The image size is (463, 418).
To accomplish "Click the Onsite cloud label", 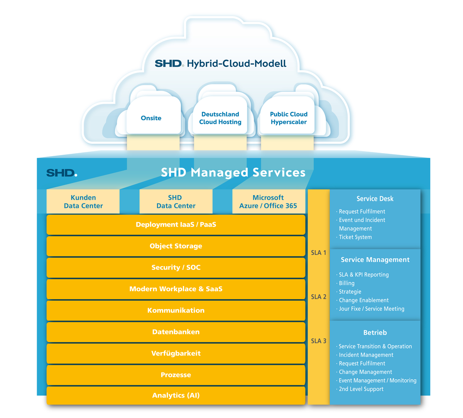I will click(x=151, y=118).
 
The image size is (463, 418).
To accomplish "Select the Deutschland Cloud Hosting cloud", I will click(x=220, y=118).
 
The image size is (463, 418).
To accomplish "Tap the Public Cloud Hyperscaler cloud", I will click(x=289, y=118).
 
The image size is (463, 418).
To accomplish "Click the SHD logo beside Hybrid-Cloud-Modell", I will click(x=169, y=64).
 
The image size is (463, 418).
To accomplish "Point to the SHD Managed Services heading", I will click(x=233, y=172).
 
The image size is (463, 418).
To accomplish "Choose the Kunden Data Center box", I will click(x=83, y=202).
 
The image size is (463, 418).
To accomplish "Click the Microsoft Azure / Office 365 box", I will click(x=268, y=202).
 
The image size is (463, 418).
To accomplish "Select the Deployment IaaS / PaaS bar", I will click(x=176, y=224).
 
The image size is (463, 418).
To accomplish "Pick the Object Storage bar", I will click(x=176, y=246).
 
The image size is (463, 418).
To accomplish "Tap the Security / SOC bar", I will click(x=176, y=268).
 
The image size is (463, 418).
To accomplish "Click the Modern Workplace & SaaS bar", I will click(x=176, y=289).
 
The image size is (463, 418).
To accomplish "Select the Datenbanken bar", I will click(x=176, y=332).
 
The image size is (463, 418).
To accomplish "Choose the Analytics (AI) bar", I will click(x=176, y=395).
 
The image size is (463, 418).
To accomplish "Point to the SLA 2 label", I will click(x=319, y=297).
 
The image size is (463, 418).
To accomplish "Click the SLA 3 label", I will click(x=319, y=341).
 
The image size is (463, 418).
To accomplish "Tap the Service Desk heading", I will click(x=375, y=199).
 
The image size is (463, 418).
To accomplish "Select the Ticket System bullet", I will click(x=355, y=237).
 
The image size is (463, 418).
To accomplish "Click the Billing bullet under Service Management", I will click(x=346, y=283).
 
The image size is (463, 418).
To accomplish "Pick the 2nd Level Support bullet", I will click(x=361, y=389).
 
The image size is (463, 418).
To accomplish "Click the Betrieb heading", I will click(x=375, y=333).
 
